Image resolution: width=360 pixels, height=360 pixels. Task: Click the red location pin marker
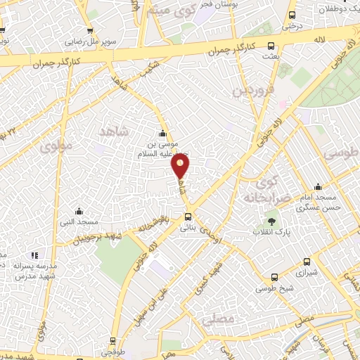(x=181, y=165)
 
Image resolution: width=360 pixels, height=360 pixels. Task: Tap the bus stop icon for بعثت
(x=271, y=46)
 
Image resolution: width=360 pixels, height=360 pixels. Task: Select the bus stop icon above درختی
(x=292, y=15)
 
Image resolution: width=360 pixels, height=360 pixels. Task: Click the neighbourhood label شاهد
(x=115, y=131)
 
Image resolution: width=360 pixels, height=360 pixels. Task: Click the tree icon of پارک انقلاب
(x=271, y=222)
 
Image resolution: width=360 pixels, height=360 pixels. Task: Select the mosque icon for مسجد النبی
(x=79, y=211)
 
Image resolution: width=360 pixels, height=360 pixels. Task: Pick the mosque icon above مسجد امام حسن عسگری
(x=319, y=187)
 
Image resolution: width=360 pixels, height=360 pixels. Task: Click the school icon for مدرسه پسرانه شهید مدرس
(x=34, y=255)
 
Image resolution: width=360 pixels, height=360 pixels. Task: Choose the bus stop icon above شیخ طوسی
(x=275, y=277)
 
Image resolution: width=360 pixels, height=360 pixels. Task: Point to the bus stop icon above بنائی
(x=187, y=217)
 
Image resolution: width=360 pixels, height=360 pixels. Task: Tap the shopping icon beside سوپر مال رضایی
(x=90, y=31)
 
